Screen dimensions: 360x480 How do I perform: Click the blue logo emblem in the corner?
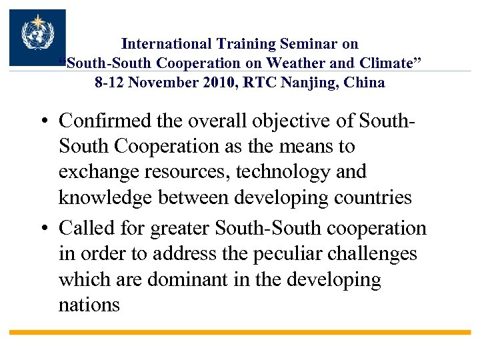point(37,37)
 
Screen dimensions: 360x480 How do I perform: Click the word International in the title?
point(167,44)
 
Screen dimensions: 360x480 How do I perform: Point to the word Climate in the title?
point(393,63)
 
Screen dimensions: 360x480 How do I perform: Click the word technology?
point(291,172)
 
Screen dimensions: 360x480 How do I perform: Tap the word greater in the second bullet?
point(181,228)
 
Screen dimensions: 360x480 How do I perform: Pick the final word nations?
point(89,305)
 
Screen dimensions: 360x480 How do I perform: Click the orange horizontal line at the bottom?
point(240,332)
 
